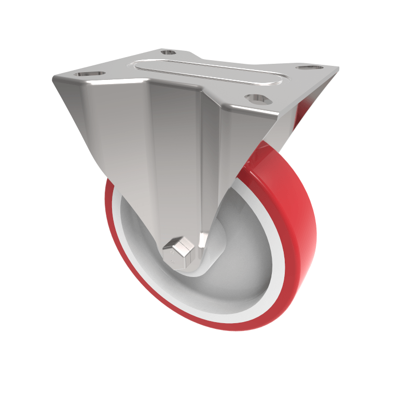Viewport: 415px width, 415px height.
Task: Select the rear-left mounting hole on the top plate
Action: (167, 52)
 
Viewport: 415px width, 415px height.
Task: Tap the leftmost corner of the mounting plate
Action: (54, 79)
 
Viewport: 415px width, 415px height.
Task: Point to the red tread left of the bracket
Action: (112, 218)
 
